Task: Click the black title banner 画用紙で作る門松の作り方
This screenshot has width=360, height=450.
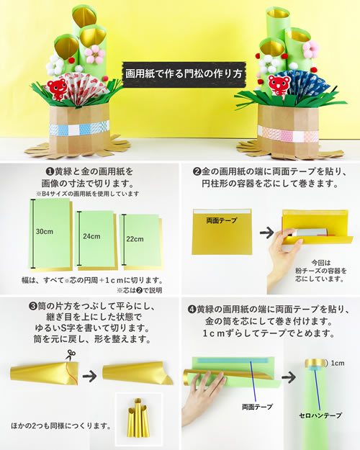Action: pos(180,72)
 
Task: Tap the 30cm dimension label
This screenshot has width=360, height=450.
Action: pos(45,231)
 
